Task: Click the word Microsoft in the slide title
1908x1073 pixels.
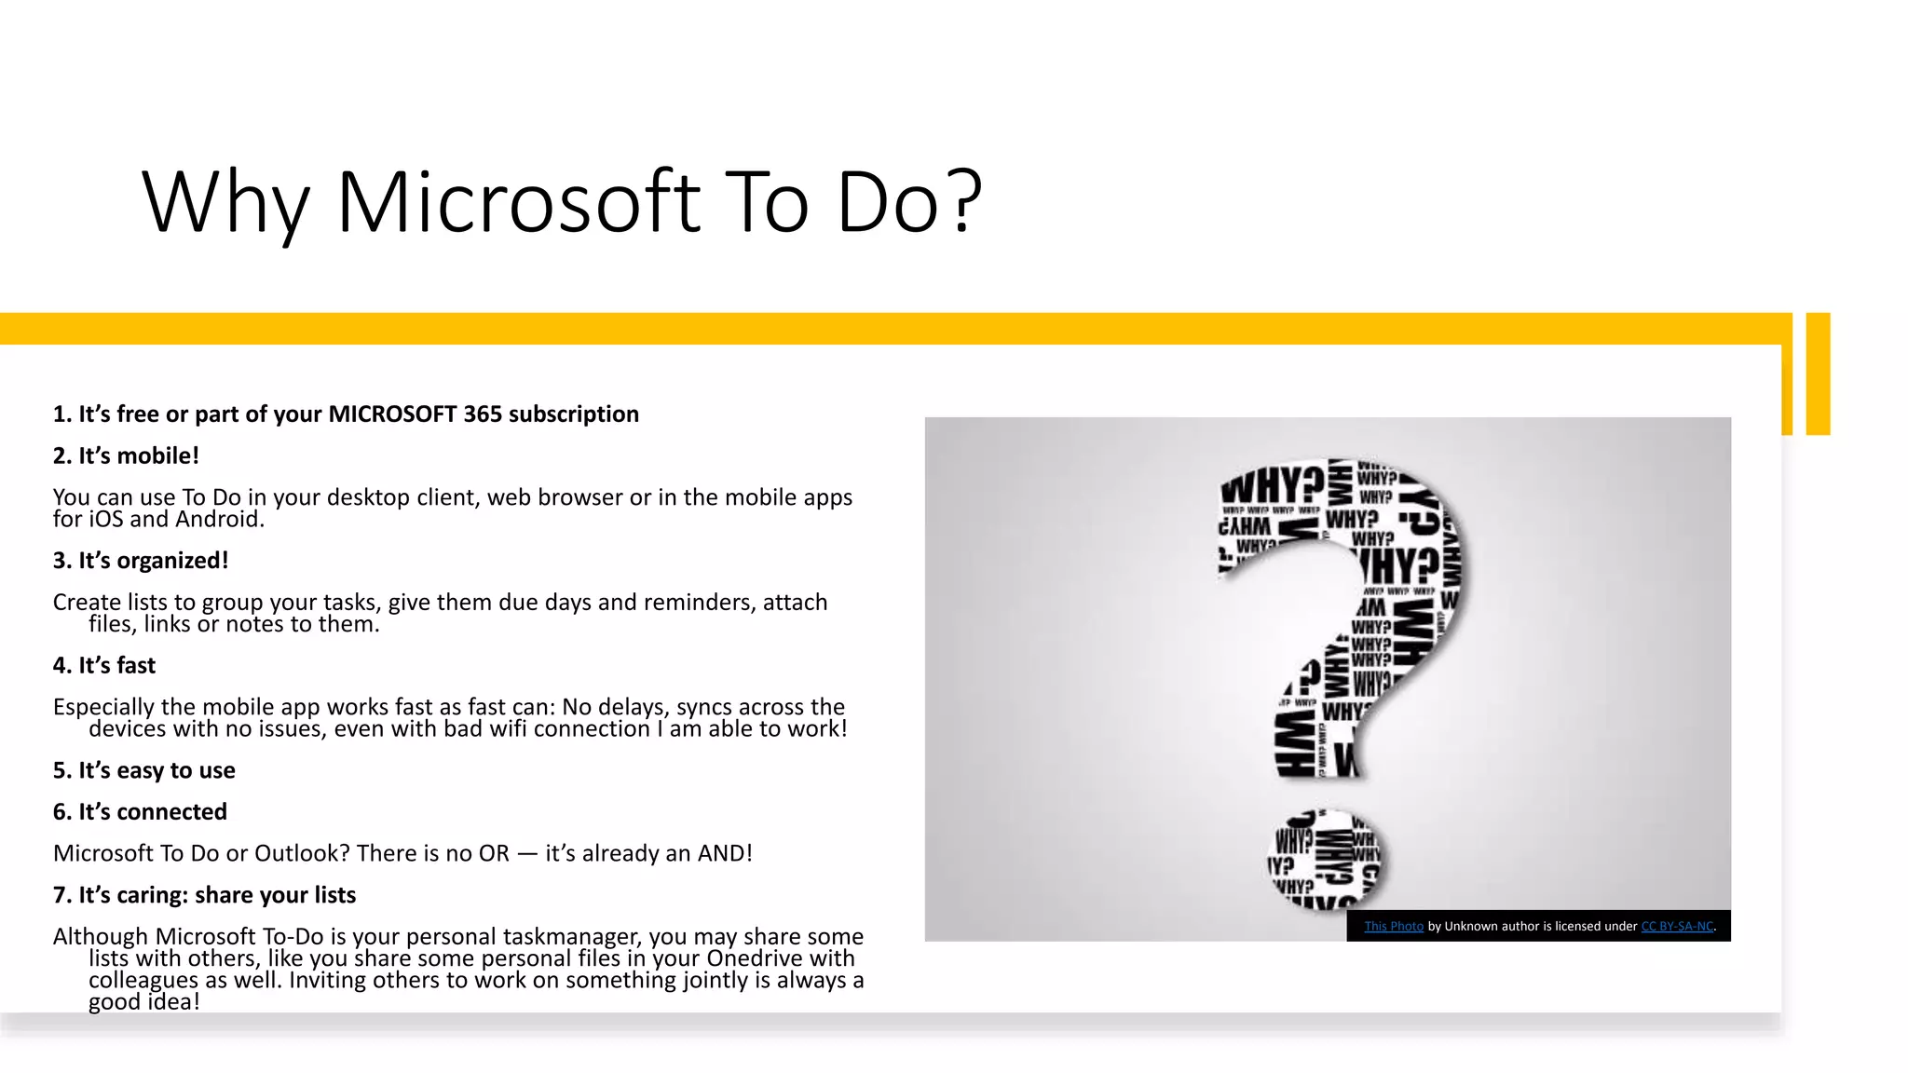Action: click(x=518, y=202)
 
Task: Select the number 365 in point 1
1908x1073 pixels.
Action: click(x=483, y=414)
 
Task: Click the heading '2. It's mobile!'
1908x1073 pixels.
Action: click(x=126, y=456)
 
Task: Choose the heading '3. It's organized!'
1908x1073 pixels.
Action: click(x=141, y=561)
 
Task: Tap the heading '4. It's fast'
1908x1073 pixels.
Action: click(x=104, y=666)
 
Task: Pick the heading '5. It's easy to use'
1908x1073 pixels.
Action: click(x=144, y=771)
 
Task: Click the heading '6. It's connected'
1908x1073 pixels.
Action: click(x=140, y=812)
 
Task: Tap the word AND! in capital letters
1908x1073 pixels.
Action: click(x=724, y=854)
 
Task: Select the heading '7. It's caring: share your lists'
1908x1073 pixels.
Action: click(x=204, y=895)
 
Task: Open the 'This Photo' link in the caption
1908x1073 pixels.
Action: click(x=1393, y=927)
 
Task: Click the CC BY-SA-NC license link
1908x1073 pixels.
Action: click(x=1676, y=927)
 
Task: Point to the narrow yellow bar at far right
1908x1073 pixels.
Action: click(x=1818, y=374)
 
